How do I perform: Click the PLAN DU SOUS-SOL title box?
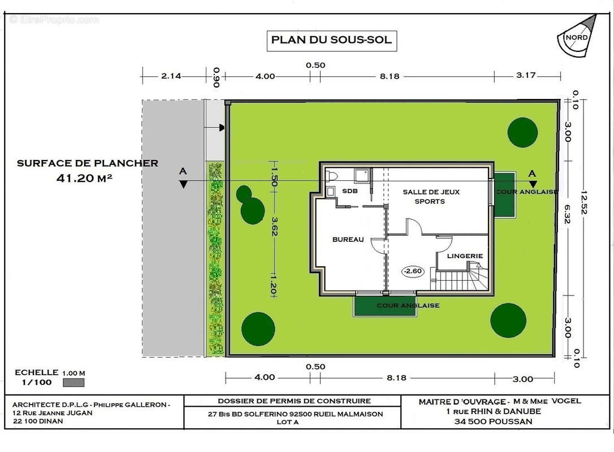click(332, 41)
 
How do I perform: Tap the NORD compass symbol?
click(577, 36)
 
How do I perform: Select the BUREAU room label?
click(348, 240)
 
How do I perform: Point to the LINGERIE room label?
click(465, 256)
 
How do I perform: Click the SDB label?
click(349, 191)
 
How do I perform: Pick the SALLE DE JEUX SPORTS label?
click(431, 197)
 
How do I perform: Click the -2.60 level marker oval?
click(413, 271)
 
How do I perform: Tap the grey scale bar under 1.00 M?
click(73, 383)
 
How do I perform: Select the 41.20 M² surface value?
click(84, 178)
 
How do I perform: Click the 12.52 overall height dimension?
click(584, 202)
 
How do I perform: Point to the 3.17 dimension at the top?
click(525, 75)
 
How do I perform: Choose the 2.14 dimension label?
click(171, 76)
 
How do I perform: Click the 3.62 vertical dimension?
click(275, 227)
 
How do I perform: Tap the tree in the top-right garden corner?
click(522, 133)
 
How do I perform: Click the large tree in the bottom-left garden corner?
click(258, 329)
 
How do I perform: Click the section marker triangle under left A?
click(183, 184)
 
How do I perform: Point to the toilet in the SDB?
click(331, 176)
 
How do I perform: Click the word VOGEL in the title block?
click(567, 401)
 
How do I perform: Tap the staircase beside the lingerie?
click(460, 279)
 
